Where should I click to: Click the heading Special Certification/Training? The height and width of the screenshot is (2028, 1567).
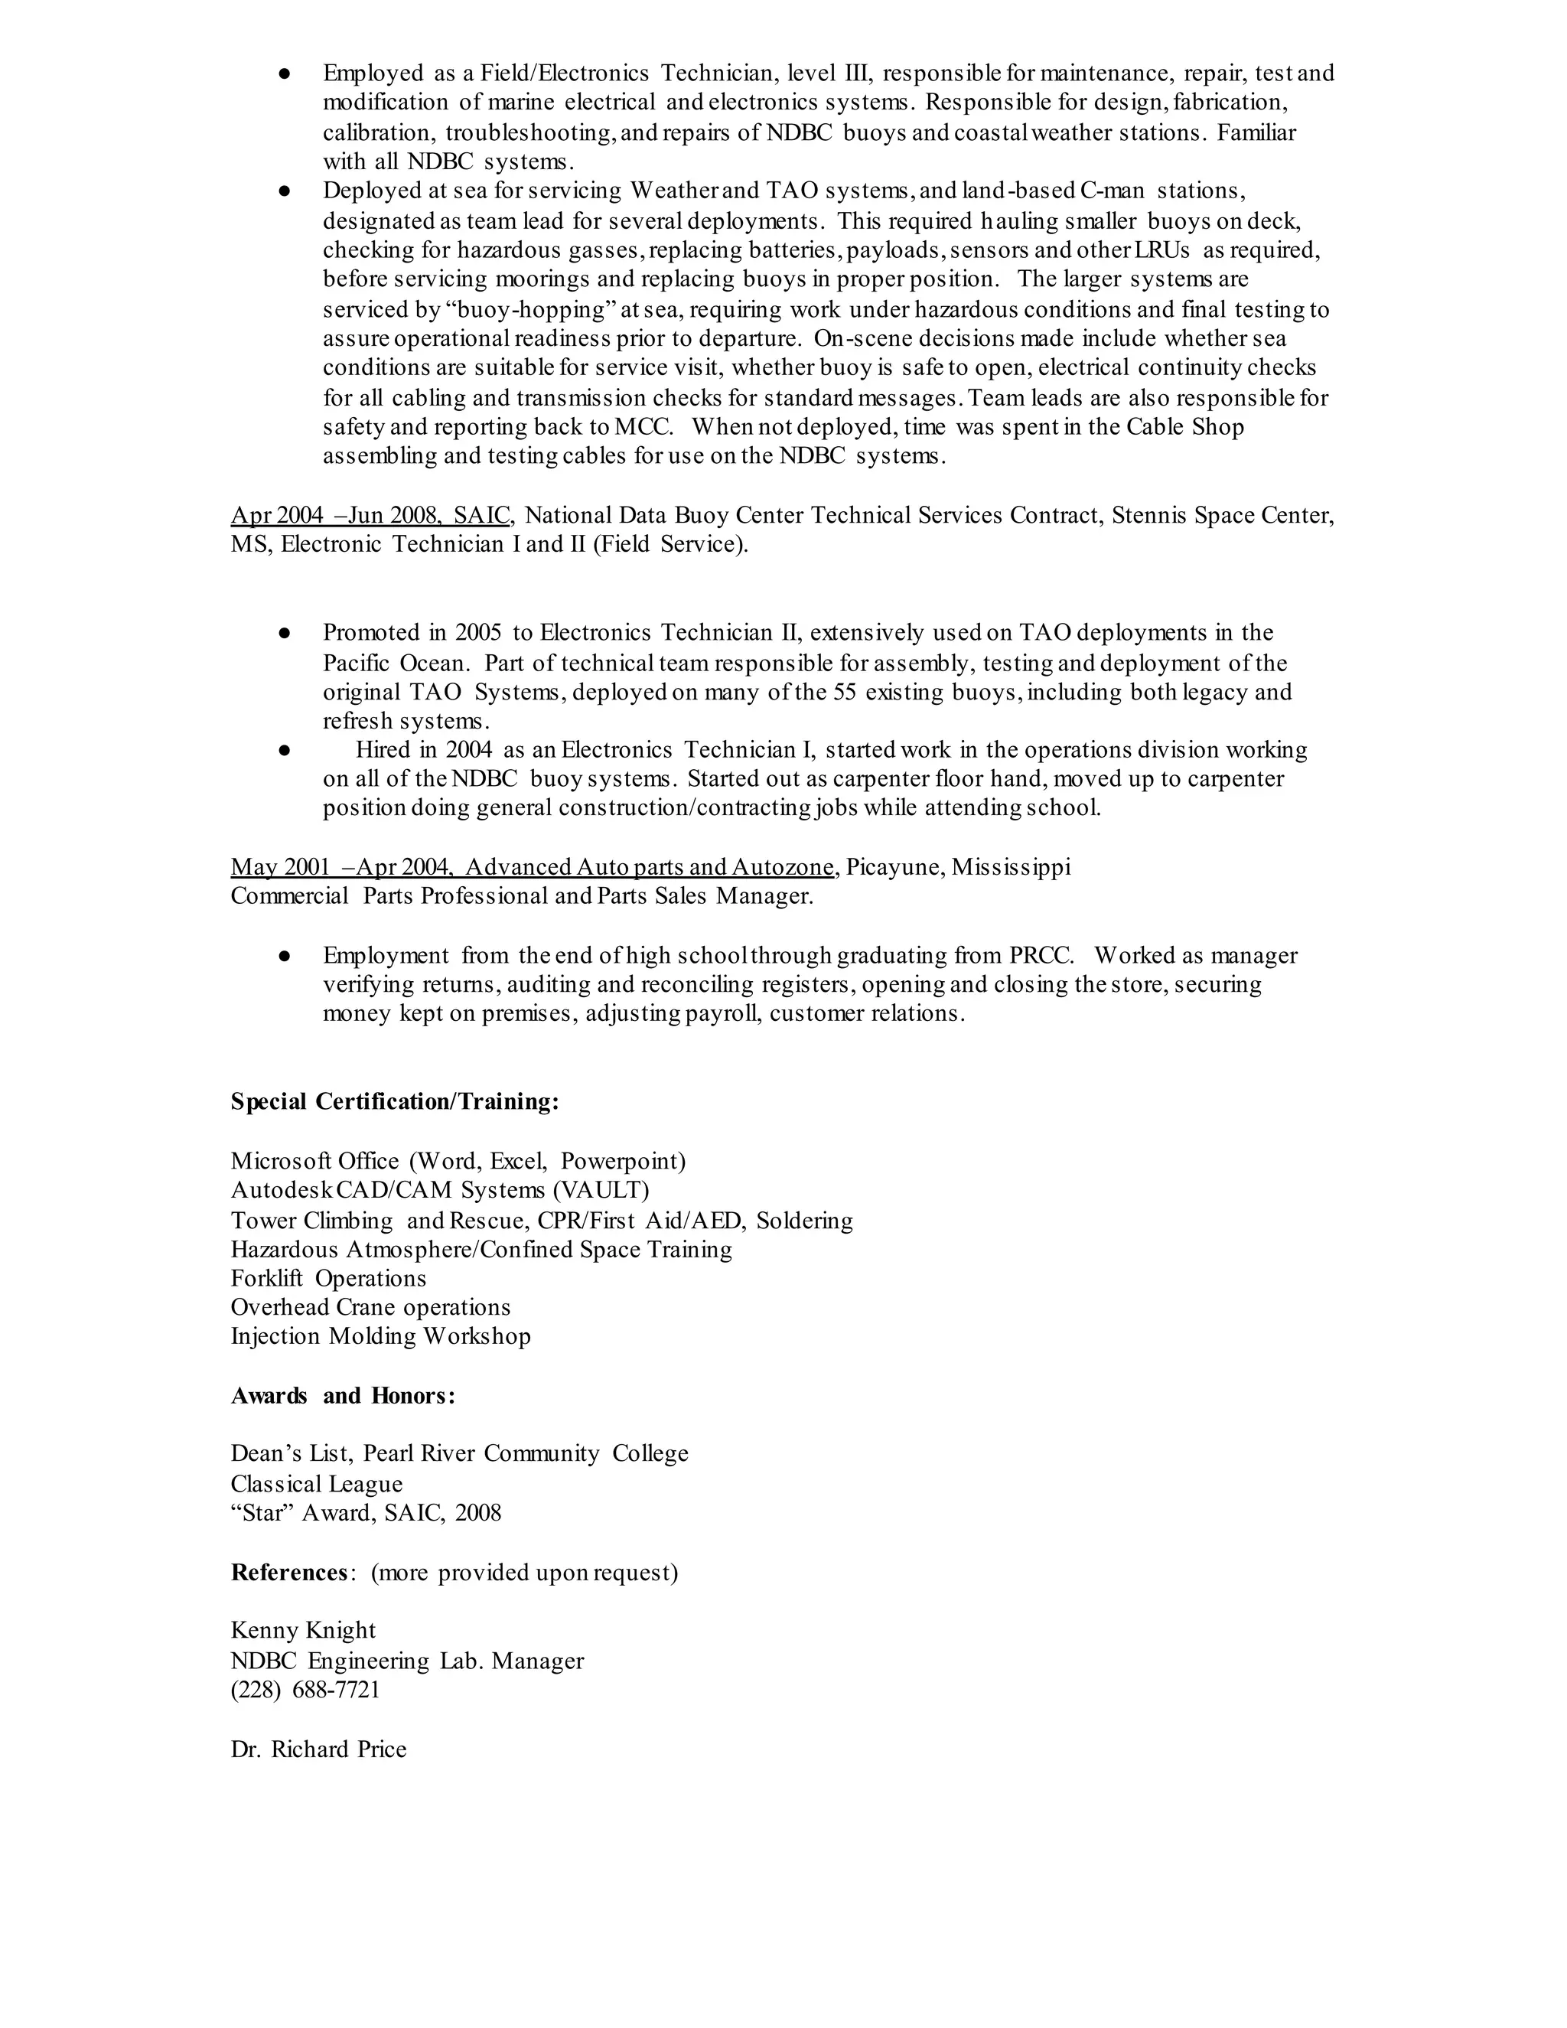coord(395,1102)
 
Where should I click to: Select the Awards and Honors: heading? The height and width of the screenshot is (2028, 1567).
coord(343,1396)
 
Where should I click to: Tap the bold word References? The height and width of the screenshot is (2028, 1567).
coord(288,1572)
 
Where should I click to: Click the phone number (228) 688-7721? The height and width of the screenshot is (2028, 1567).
coord(305,1689)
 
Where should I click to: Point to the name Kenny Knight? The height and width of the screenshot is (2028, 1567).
coord(304,1631)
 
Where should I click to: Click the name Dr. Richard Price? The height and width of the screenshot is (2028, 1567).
coord(318,1749)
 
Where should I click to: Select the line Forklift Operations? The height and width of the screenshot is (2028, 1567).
coord(328,1279)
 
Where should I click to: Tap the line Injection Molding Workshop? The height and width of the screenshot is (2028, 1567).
coord(380,1336)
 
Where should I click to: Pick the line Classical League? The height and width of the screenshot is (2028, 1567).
coord(317,1484)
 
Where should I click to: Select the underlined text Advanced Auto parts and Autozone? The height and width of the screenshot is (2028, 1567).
coord(649,867)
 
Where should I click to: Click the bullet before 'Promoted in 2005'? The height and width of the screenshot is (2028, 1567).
coord(285,634)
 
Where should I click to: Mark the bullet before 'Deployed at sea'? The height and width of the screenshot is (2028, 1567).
coord(285,191)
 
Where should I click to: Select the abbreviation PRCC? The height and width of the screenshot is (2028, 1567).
coord(1041,956)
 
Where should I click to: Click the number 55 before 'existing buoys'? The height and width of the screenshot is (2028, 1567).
coord(845,693)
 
